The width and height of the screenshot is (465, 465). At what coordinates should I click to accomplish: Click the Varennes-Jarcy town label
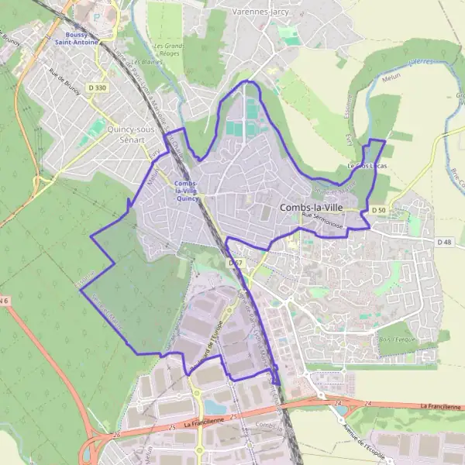pos(260,12)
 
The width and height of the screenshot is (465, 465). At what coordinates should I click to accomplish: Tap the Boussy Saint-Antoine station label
pos(81,39)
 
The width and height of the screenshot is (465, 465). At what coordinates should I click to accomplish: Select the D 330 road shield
pos(97,88)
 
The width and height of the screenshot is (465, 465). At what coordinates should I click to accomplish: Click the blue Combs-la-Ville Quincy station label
pos(186,190)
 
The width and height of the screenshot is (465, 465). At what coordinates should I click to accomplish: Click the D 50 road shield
pos(378,210)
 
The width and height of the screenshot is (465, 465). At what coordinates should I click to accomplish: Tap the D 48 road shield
pos(444,242)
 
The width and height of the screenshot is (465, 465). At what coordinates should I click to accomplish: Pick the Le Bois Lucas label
pos(367,166)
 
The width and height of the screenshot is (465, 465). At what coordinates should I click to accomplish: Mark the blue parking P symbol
pos(96,15)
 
